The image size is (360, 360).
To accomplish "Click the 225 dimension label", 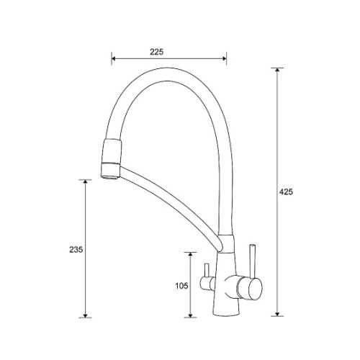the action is point(157,52).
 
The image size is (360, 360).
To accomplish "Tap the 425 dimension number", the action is point(287,192).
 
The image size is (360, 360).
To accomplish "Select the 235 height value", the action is point(76,250).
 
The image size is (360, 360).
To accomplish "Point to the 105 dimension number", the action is point(181,286).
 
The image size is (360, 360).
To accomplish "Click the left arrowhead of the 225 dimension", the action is point(114,58).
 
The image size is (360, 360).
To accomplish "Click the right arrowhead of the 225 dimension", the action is point(224,58).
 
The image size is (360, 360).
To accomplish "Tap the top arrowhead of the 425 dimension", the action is point(277,70).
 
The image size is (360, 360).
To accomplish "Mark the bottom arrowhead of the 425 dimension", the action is point(277,314).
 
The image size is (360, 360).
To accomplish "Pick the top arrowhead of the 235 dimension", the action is point(85,181).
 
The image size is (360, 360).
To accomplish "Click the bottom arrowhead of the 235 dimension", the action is point(85,315).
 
